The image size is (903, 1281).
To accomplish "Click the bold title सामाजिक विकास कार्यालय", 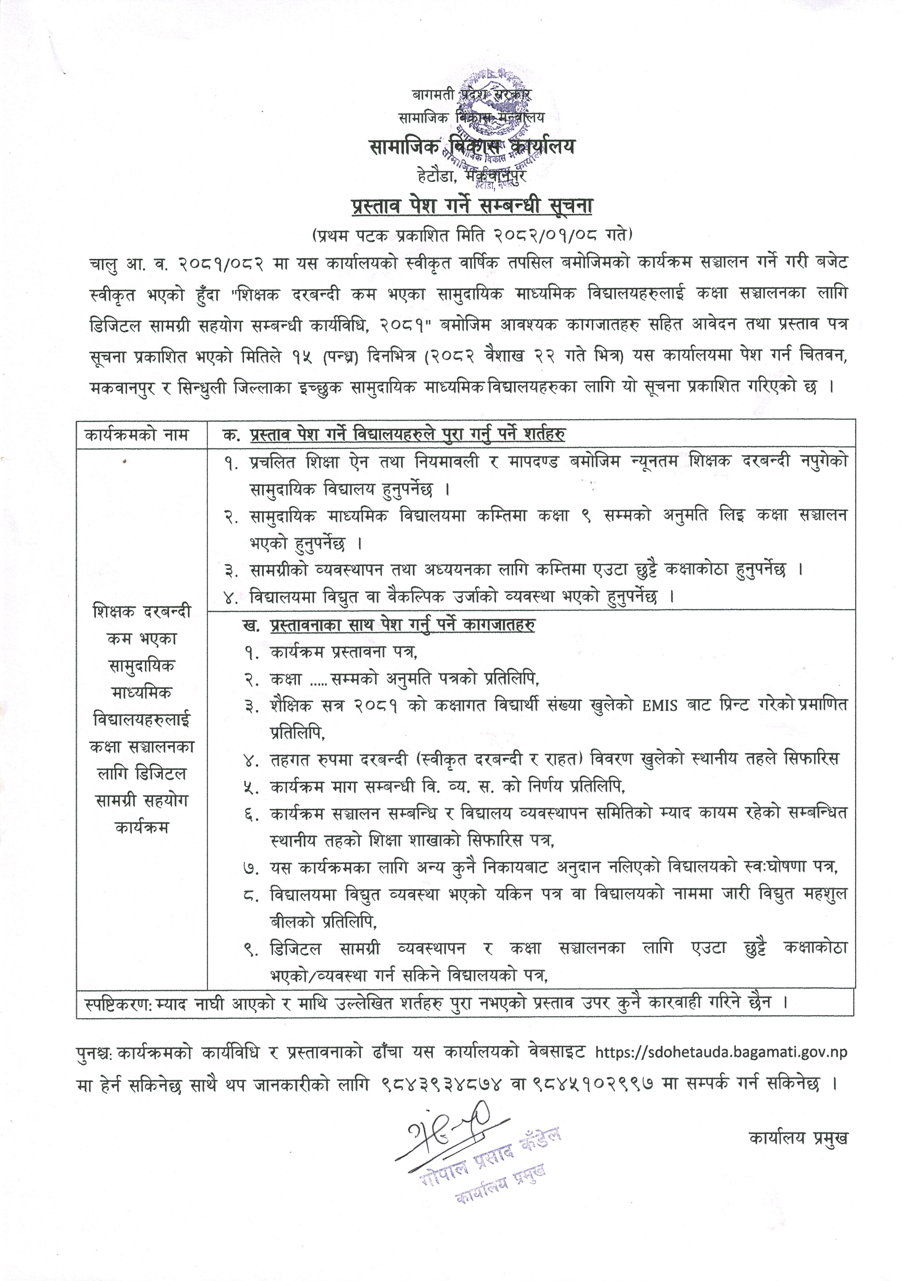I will [471, 147].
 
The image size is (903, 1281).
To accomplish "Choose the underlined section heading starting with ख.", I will [390, 625].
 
